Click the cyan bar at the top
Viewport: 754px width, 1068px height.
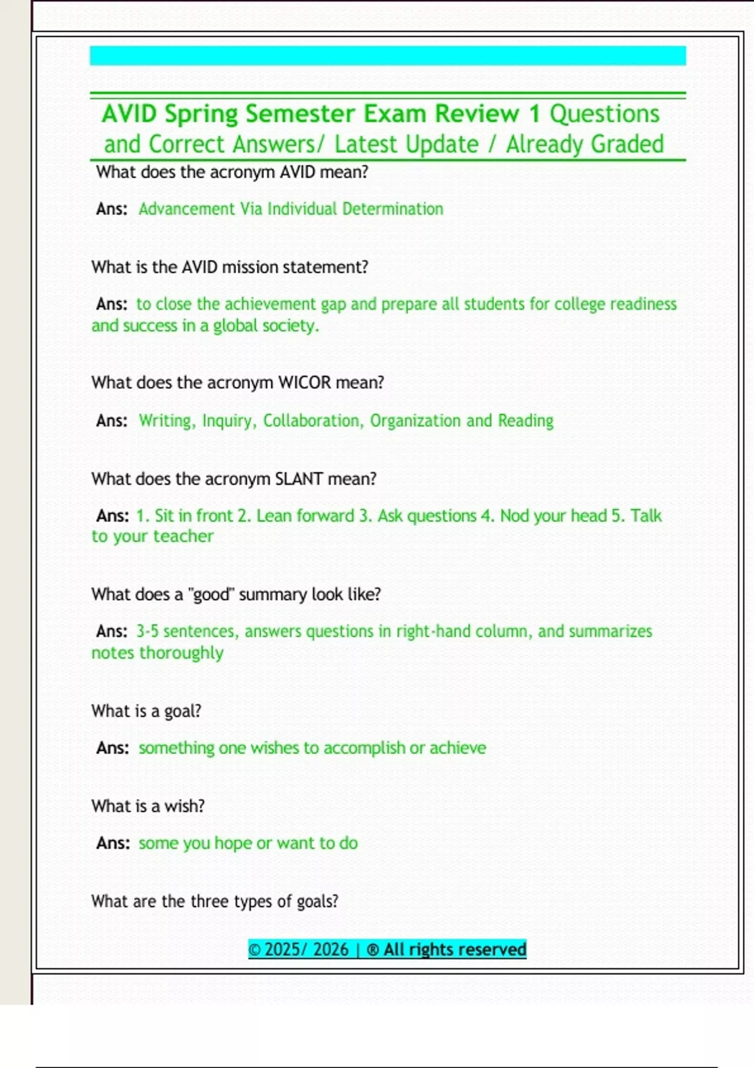(388, 55)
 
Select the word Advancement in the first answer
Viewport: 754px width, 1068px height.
(186, 209)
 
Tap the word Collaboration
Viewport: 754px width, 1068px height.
(313, 420)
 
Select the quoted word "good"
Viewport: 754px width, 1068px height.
(211, 594)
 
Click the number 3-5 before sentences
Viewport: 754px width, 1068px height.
(148, 631)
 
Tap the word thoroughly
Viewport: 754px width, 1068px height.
(181, 653)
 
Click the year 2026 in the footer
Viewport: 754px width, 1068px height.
(331, 949)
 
